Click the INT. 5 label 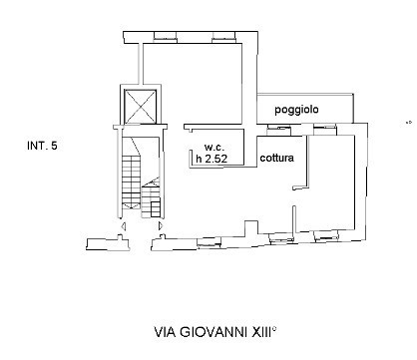42,147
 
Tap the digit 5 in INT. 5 54,147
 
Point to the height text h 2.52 211,157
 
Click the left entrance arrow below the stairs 122,228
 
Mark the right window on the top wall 221,39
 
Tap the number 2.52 216,157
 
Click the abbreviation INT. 37,147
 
